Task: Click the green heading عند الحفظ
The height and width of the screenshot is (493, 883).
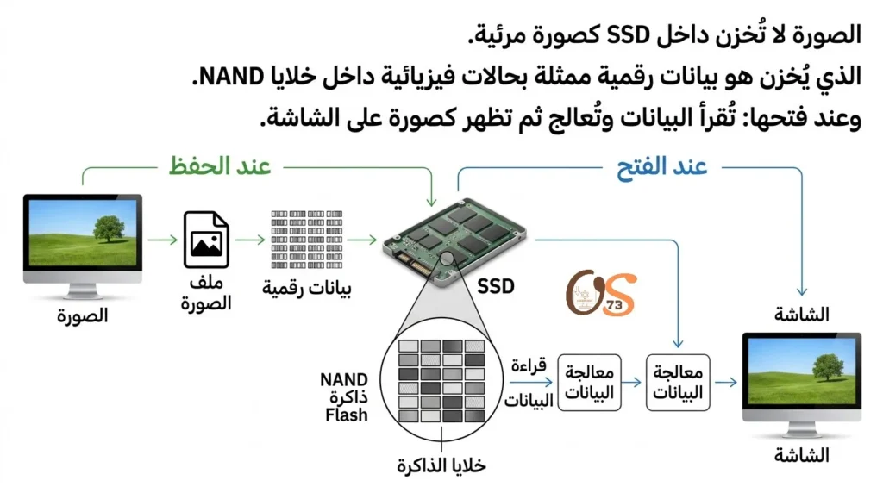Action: [220, 166]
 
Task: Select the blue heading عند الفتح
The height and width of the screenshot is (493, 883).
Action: [661, 167]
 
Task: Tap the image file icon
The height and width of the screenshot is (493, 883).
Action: [206, 240]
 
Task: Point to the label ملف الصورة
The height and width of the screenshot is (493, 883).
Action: [206, 293]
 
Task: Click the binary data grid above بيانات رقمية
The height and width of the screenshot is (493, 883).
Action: [306, 240]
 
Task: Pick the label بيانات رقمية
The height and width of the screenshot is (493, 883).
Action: [306, 288]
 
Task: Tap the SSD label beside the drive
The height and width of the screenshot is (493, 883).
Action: [496, 286]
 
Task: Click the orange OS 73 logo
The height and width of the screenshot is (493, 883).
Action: [601, 293]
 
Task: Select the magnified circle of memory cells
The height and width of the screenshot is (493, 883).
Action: [441, 380]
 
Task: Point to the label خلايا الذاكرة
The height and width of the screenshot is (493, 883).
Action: [441, 465]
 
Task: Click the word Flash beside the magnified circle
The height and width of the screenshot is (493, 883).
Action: [347, 415]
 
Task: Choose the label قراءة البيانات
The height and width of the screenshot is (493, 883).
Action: [529, 383]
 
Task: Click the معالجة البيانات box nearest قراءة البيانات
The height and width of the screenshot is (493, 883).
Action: [589, 382]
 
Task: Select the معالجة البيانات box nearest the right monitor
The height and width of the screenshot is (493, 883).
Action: [678, 382]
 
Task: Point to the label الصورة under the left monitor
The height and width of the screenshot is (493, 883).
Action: [82, 315]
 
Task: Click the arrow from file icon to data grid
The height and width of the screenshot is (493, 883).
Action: [250, 240]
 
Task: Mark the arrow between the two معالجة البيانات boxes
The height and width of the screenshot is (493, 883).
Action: [633, 382]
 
